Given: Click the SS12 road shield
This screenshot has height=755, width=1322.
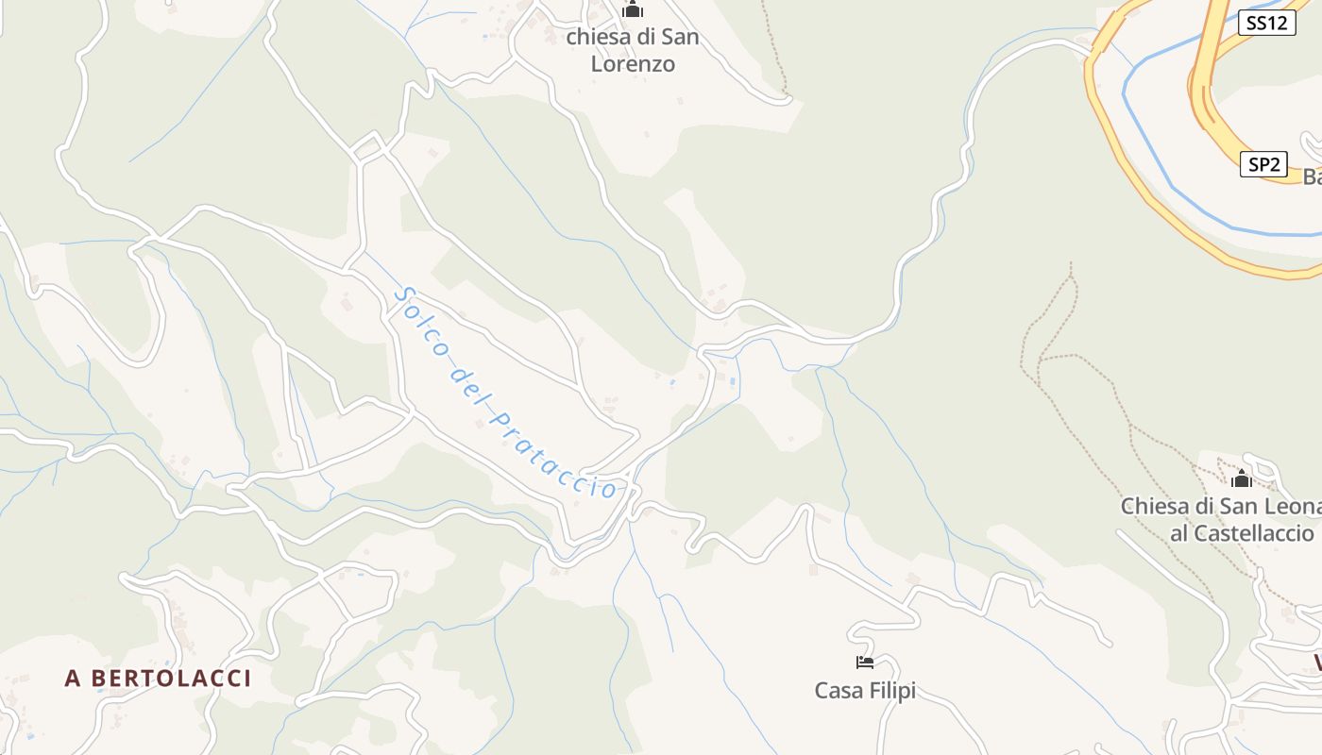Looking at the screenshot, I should (x=1266, y=23).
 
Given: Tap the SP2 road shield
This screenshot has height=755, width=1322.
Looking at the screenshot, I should (x=1263, y=164).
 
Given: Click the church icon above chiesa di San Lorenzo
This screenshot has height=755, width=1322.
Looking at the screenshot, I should (x=632, y=9).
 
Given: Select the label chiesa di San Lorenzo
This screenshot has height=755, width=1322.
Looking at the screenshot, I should (x=633, y=51).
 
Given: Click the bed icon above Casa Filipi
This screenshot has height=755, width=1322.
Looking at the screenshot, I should (x=865, y=663).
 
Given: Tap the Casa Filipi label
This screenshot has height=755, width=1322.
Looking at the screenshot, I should (x=865, y=691).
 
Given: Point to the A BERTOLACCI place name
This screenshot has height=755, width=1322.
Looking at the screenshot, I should (x=158, y=678).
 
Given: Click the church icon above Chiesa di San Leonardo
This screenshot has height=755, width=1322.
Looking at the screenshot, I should (x=1241, y=478).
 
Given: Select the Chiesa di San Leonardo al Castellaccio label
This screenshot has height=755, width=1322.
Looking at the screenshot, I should (x=1228, y=519).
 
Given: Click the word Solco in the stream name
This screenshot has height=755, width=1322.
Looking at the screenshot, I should (x=415, y=316).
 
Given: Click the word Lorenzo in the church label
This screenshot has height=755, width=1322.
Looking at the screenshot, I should (x=633, y=64).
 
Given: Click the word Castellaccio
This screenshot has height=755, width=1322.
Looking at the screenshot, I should (x=1242, y=533).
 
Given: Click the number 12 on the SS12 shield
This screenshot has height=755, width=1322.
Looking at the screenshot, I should (x=1278, y=23).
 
